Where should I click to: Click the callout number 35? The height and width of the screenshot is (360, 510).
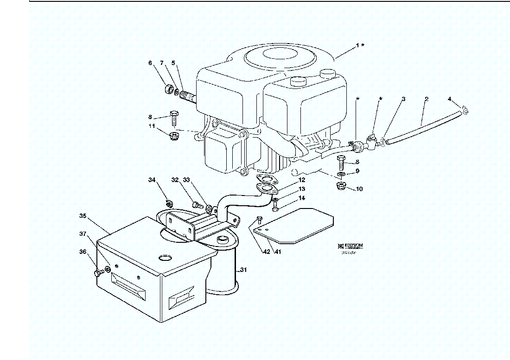point(83,215)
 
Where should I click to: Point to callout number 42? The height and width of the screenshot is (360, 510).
point(266,252)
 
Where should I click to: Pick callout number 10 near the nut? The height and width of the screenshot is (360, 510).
point(360,189)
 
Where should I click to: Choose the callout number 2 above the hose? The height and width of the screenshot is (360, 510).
point(427,99)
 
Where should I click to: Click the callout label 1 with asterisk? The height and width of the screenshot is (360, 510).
point(360,45)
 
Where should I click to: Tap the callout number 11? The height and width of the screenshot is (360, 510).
point(152,126)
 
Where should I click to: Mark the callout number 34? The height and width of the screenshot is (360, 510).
point(152,180)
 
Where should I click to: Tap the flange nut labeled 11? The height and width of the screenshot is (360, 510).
point(175,136)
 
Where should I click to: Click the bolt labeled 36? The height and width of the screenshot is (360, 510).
point(98,273)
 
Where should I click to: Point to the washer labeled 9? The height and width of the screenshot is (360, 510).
point(341,174)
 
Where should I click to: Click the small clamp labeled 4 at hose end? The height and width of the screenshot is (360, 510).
point(465,110)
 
